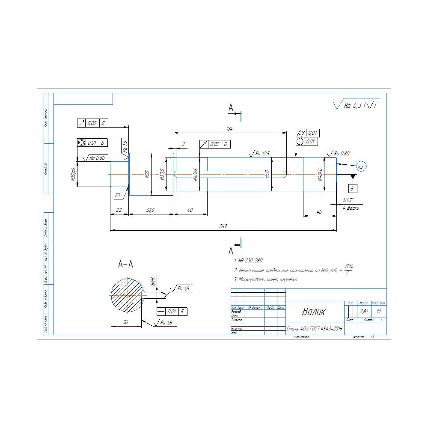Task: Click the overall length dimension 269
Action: point(223,226)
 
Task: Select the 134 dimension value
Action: point(230,128)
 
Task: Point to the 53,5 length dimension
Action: point(150,210)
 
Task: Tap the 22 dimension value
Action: point(119,210)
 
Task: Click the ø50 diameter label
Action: point(147,174)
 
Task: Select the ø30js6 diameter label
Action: point(74,175)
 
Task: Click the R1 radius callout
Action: point(118,195)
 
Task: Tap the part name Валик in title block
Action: point(313,312)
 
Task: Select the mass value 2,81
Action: point(364,312)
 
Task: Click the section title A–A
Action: point(125,265)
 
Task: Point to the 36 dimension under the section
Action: point(125,323)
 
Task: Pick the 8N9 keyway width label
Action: point(152,282)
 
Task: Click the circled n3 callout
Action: point(361,166)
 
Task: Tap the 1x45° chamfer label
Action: point(348,200)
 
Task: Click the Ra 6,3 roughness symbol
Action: point(355,104)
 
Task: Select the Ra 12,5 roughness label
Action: point(262,153)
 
